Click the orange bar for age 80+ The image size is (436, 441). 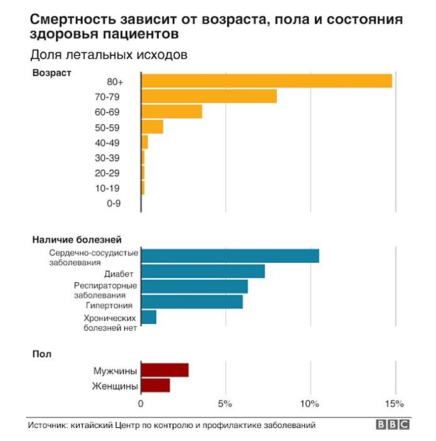point(267,82)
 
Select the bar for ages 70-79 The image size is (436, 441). point(209,97)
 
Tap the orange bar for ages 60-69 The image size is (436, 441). point(172,112)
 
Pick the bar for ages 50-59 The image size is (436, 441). point(152,127)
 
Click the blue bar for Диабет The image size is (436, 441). point(203,272)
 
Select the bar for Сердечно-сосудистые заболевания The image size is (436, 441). point(230,256)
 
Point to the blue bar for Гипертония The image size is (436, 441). point(192,302)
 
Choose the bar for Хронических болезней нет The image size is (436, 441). point(149,317)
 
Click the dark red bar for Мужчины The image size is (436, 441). point(165,370)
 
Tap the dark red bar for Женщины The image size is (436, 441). point(156,385)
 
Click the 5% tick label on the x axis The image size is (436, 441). point(225,403)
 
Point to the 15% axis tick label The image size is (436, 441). point(395,403)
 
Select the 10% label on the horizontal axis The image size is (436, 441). point(311,403)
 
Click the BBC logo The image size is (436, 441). point(393,425)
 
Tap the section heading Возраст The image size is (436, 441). point(52,72)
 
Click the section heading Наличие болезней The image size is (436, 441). point(77,239)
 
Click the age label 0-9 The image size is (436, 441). point(114,203)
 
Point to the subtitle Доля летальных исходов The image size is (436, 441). point(109,55)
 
